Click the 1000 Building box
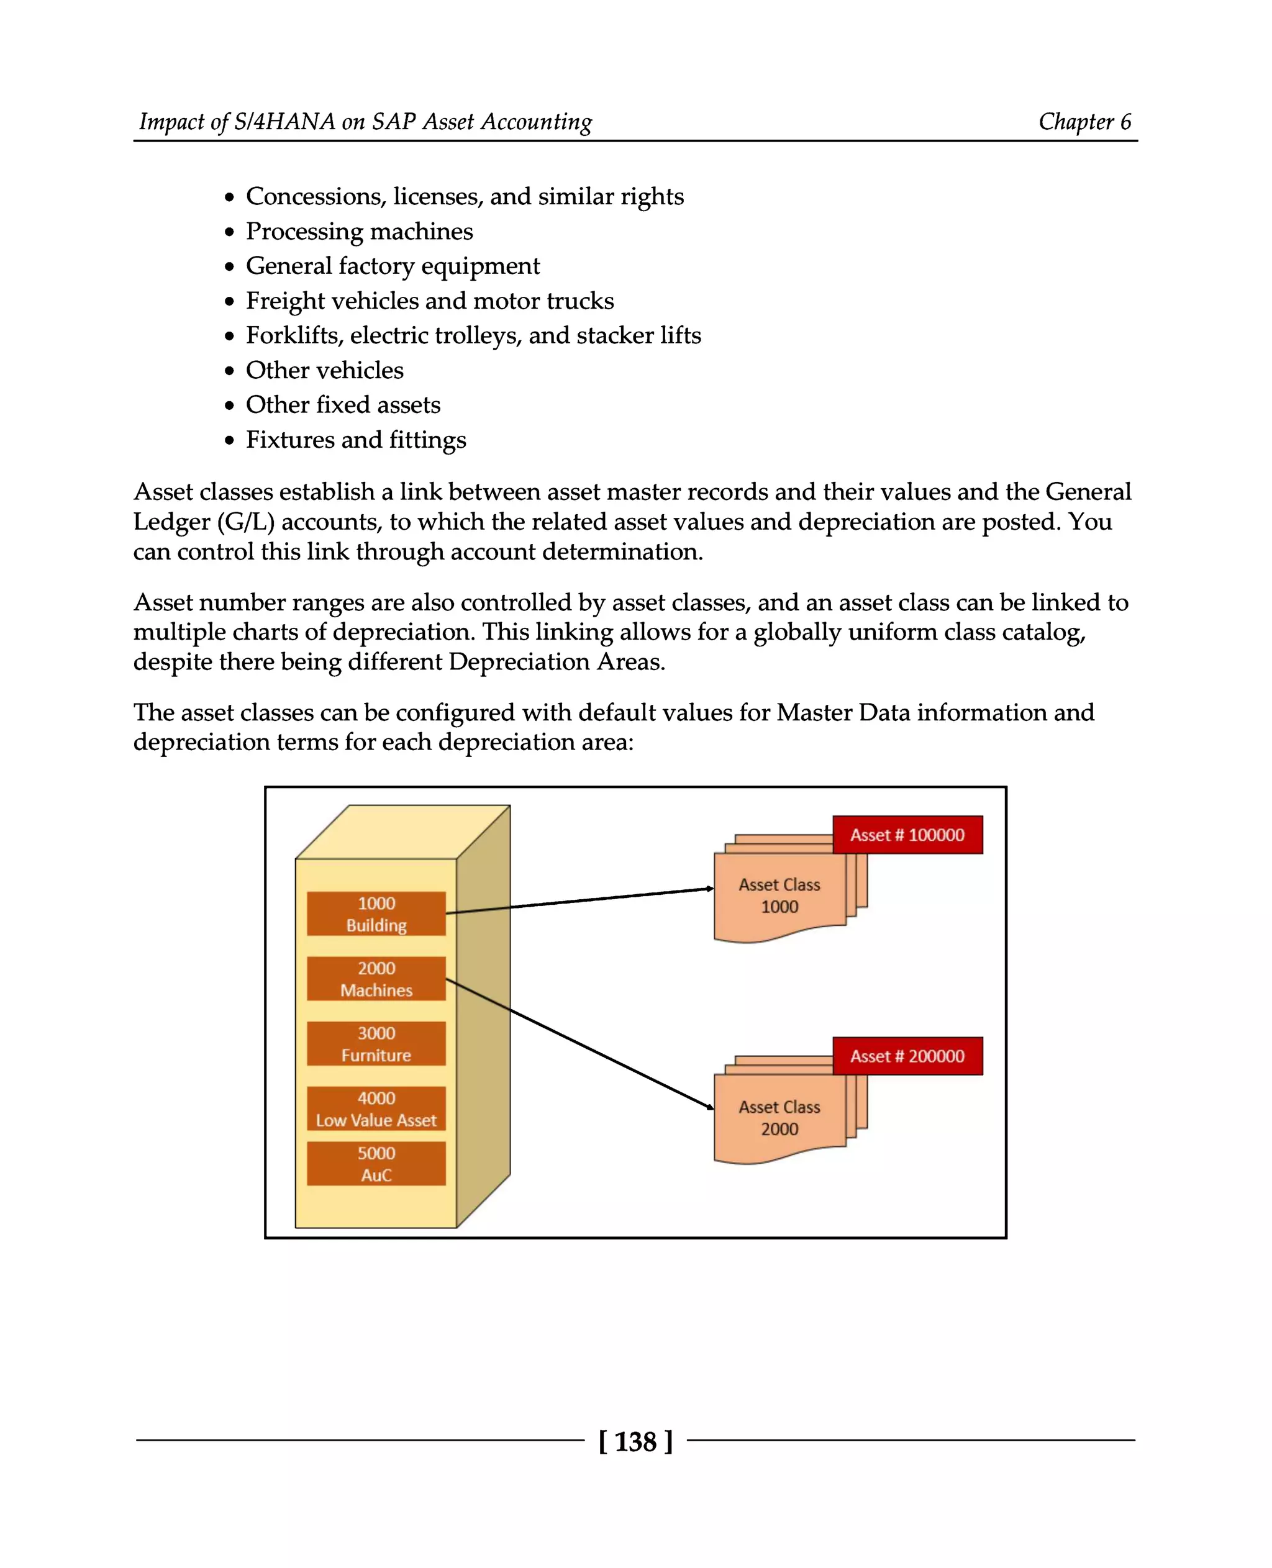376,913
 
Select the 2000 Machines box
376,979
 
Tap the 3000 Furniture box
376,1043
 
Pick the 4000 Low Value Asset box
376,1108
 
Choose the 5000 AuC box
376,1164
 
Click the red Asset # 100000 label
907,835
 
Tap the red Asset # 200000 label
907,1056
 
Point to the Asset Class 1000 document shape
779,896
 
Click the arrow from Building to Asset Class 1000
579,900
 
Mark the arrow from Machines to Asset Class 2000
579,1043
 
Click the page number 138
635,1442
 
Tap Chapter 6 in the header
1084,122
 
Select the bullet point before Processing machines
230,232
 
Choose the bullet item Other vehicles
325,371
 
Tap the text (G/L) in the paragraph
245,522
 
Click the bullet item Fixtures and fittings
356,440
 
